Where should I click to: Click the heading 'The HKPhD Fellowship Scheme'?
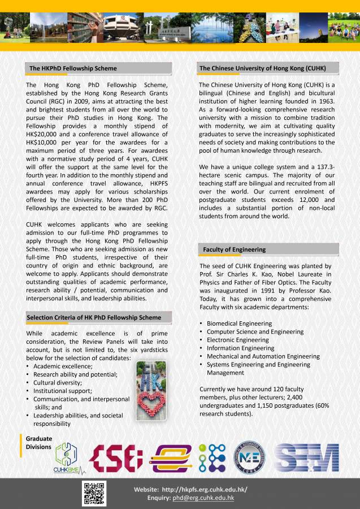[x=73, y=68]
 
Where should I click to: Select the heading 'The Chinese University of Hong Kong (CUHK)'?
[x=262, y=68]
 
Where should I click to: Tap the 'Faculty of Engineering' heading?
[x=234, y=249]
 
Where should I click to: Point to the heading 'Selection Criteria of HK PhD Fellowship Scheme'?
[x=94, y=317]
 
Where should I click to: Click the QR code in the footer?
[x=94, y=493]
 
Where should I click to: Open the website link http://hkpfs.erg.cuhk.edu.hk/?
[x=205, y=489]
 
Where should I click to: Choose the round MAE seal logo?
[x=249, y=458]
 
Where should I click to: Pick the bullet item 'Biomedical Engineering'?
[x=239, y=323]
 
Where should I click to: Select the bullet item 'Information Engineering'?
[x=240, y=348]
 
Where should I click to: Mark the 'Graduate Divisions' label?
[x=39, y=443]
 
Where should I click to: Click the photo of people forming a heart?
[x=151, y=392]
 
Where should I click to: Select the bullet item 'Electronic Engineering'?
[x=237, y=340]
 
